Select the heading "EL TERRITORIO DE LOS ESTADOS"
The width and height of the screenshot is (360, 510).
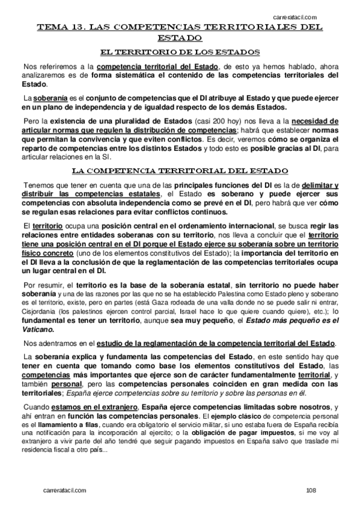(x=180, y=52)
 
